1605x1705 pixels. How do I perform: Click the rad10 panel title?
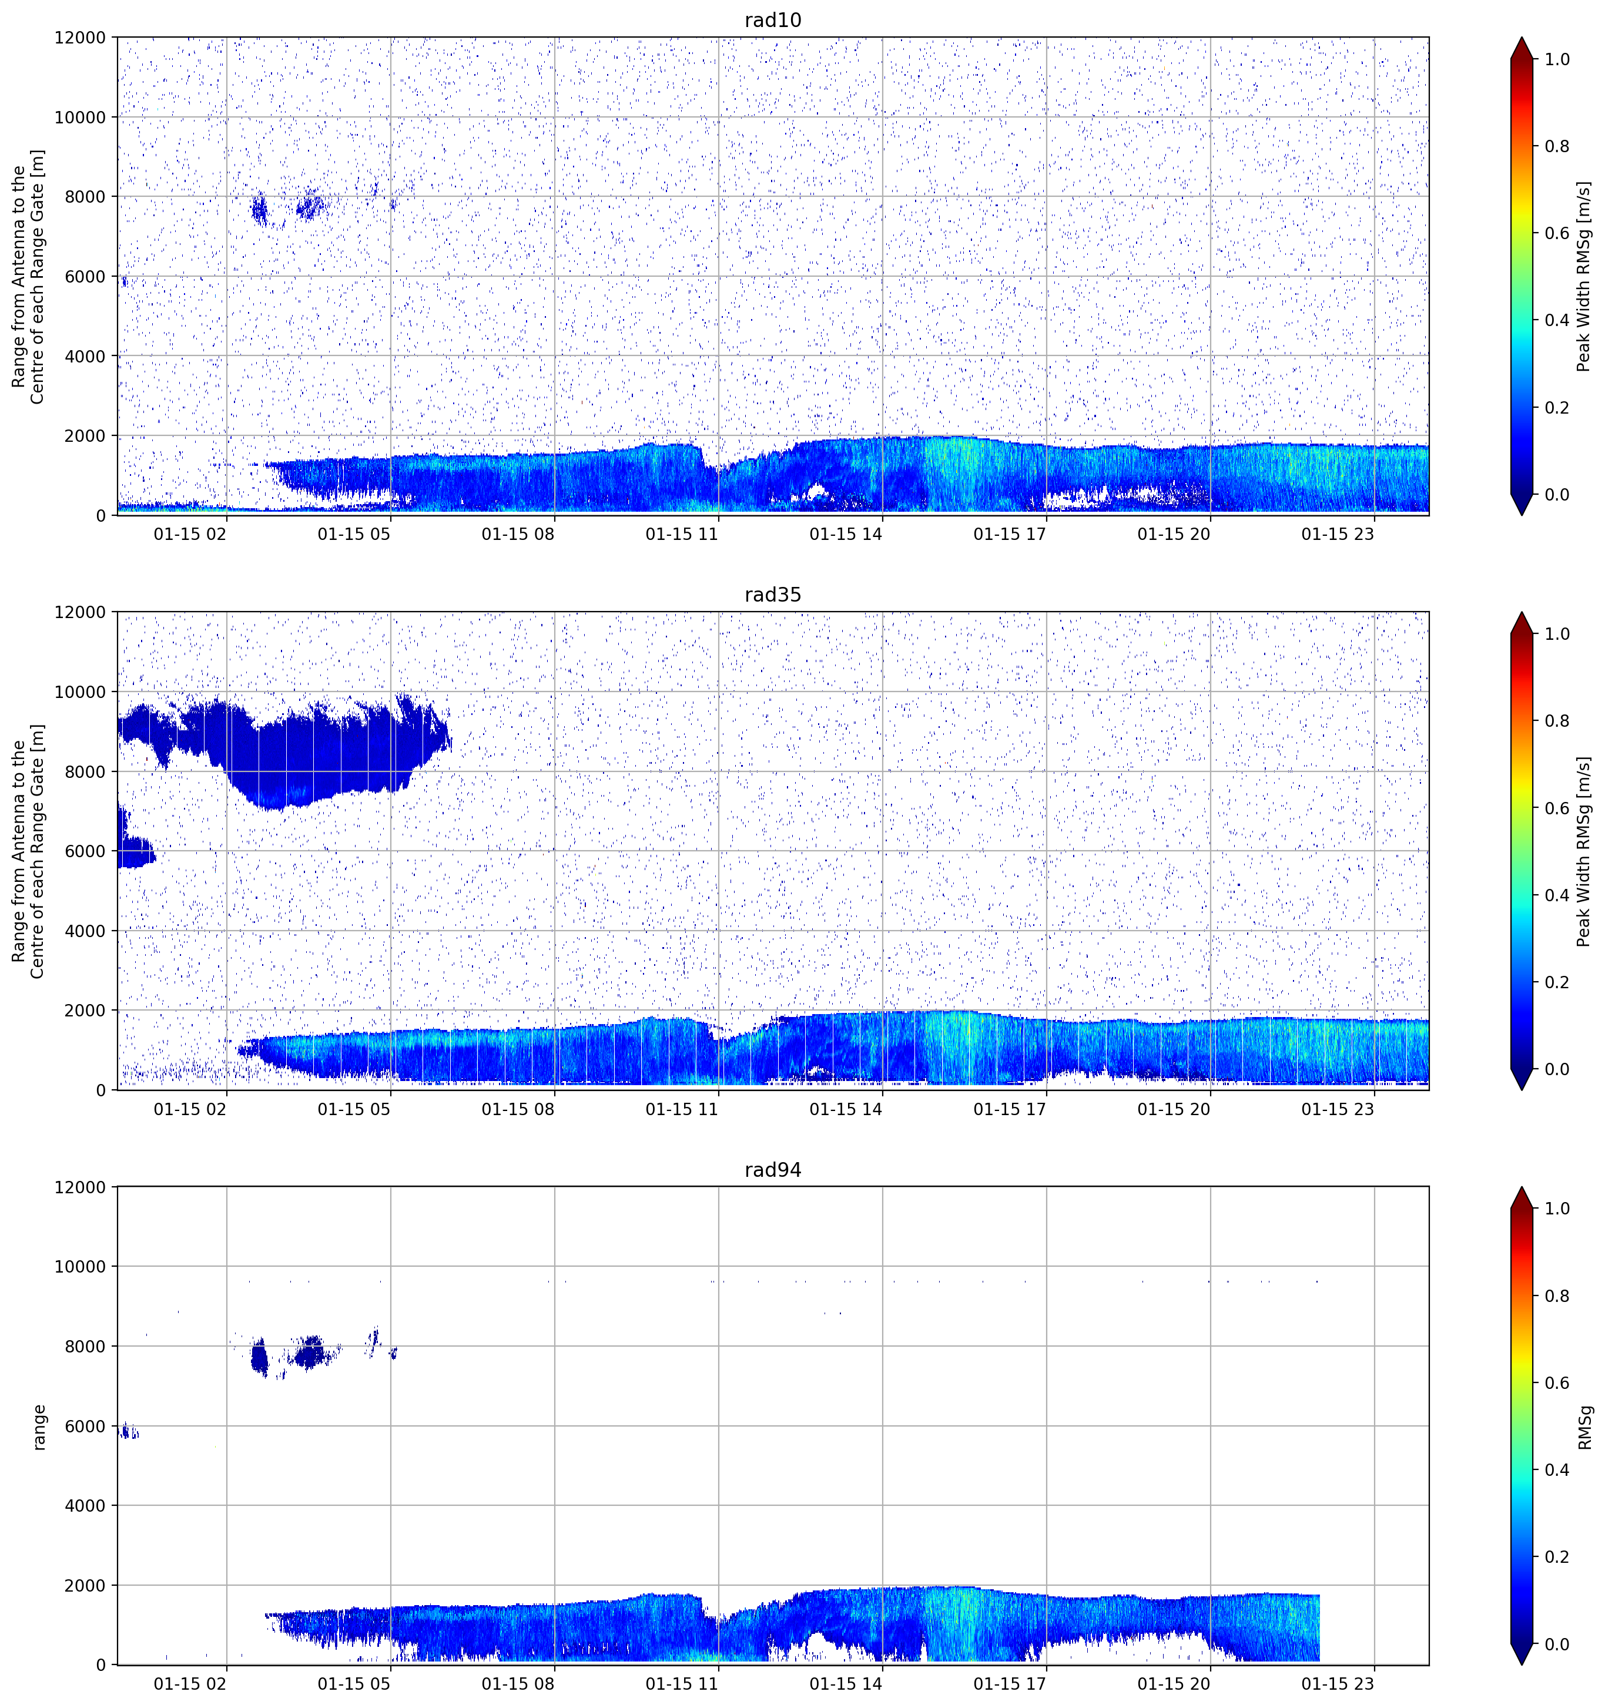point(772,20)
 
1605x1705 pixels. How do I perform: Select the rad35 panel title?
point(772,595)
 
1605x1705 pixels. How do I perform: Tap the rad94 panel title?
point(772,1170)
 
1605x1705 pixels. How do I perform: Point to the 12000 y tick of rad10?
point(80,38)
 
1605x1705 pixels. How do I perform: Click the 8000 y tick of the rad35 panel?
point(85,772)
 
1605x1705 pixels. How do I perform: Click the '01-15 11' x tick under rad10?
point(681,534)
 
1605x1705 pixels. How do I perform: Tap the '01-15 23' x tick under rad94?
point(1338,1684)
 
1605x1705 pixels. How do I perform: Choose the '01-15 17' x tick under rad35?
point(1010,1109)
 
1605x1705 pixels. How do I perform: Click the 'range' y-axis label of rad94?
point(39,1427)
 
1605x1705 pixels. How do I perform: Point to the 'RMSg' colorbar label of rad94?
point(1584,1427)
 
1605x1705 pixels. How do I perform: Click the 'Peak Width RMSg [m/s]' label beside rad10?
point(1584,276)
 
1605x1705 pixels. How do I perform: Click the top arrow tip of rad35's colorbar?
point(1521,612)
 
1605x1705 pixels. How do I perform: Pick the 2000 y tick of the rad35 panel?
point(85,1011)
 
